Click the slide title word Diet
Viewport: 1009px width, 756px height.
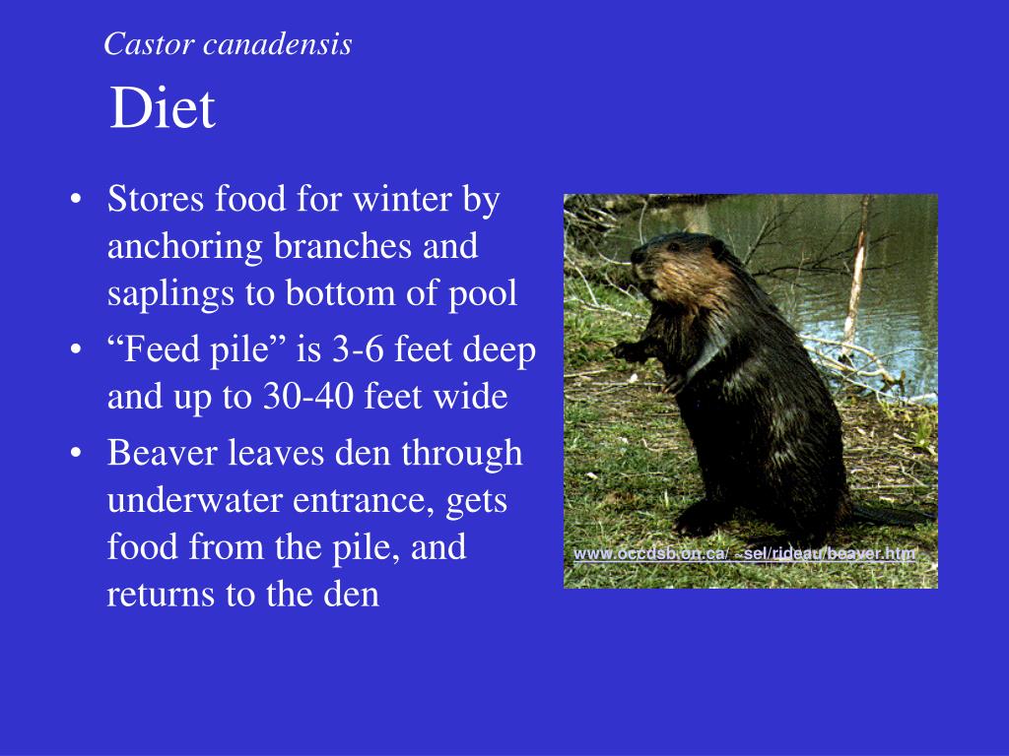(162, 108)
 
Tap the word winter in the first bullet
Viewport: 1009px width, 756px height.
(401, 200)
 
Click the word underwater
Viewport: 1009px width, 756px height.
(195, 501)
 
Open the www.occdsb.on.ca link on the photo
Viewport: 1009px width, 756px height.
(745, 553)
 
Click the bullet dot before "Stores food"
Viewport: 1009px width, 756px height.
(77, 201)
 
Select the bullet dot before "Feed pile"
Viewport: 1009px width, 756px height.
(77, 351)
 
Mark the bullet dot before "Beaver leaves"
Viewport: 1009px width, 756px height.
(77, 454)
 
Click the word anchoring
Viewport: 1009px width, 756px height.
(184, 246)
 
